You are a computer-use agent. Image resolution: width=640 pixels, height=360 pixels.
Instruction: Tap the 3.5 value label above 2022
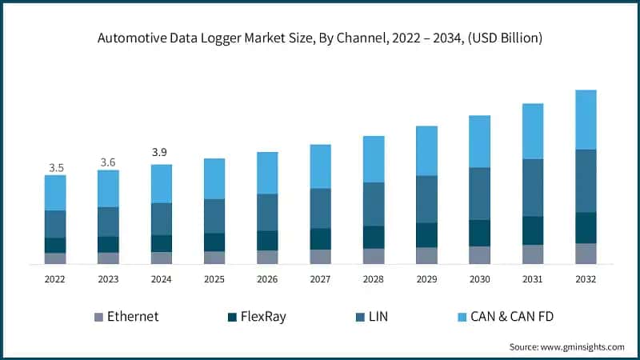pos(56,168)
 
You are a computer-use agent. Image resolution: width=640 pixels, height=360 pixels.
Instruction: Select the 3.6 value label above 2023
pos(109,162)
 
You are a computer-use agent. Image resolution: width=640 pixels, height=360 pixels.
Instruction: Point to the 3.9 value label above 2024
pos(162,152)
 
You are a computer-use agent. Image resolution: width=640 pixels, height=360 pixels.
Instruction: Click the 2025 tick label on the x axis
pos(214,279)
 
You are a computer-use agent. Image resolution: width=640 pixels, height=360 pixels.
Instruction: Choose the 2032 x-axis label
pos(586,279)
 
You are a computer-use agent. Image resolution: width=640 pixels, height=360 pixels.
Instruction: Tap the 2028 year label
pos(374,279)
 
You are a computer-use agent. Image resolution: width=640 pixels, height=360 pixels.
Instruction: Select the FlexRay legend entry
pos(255,316)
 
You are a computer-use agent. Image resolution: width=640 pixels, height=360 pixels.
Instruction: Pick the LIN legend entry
pos(375,316)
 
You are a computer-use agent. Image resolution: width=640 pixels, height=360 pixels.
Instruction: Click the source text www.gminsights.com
pos(566,346)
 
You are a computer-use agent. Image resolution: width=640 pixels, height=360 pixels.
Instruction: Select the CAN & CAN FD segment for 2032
pos(586,119)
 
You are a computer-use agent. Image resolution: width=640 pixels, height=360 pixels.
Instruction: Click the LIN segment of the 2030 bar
pos(479,193)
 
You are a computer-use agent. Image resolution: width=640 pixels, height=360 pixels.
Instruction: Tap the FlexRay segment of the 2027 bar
pos(321,238)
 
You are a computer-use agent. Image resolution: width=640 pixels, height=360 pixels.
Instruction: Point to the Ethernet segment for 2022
pos(56,258)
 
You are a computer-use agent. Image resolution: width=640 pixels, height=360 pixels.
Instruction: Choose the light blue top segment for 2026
pos(267,173)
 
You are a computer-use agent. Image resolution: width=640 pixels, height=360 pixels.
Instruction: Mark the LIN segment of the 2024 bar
pos(162,218)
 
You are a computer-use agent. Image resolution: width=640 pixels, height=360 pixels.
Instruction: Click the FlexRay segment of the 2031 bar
pos(533,230)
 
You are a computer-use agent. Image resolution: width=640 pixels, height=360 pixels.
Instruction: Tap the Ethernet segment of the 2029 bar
pos(426,255)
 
